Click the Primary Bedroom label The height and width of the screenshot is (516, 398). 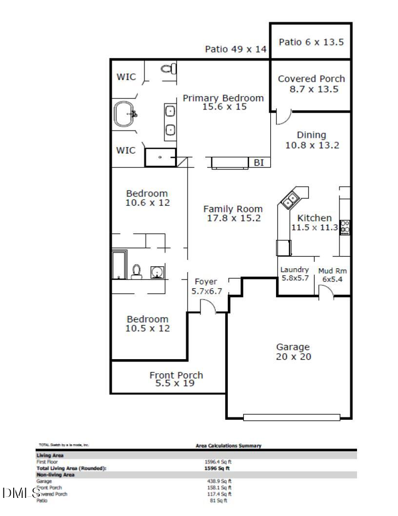point(223,98)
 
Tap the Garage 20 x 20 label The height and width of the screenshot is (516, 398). point(293,352)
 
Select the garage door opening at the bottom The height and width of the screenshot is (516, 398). point(291,417)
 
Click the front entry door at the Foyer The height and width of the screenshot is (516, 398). point(209,307)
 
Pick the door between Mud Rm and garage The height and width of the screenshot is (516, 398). point(326,292)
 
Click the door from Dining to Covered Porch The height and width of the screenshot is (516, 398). point(283,116)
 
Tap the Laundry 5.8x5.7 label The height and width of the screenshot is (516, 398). point(295,274)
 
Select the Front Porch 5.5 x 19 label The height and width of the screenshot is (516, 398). point(176,379)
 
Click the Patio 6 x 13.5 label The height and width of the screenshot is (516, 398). point(311,42)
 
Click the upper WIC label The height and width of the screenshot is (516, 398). point(126,77)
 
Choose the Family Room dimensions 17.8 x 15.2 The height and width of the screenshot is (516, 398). point(234,218)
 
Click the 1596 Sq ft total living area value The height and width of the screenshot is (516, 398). point(217,468)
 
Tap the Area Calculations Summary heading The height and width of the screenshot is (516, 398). point(228,446)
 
